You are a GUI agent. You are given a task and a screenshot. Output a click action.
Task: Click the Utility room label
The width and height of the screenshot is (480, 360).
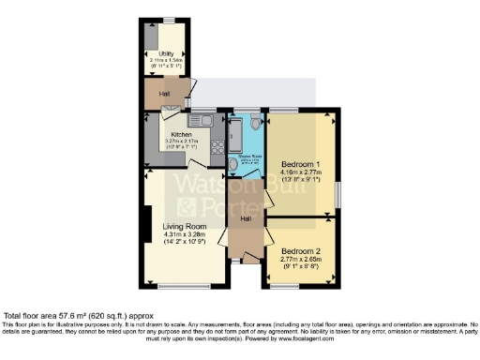168,53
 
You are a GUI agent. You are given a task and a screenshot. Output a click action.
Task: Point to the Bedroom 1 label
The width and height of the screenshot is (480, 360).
300,165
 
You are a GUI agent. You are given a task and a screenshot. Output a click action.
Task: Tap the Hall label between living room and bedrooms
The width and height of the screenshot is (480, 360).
245,218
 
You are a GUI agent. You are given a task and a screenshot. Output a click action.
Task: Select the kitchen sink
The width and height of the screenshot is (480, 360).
201,120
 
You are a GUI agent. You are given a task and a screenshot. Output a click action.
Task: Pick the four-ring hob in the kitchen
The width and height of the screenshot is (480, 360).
217,146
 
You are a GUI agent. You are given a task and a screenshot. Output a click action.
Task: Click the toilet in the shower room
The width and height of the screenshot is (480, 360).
257,123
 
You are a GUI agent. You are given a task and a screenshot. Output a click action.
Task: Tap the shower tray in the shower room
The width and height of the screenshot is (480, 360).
236,131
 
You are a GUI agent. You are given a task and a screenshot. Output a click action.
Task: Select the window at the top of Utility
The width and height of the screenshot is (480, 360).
169,20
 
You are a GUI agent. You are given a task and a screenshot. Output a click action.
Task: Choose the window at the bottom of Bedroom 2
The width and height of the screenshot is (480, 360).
302,284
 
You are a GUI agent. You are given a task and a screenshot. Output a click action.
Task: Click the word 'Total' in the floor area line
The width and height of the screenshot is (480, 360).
15,318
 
